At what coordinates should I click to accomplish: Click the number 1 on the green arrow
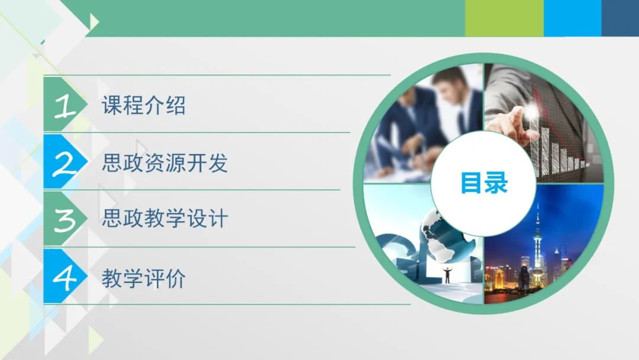65,105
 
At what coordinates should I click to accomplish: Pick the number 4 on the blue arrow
64,278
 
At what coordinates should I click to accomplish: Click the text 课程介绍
144,105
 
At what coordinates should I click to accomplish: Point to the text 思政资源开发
164,163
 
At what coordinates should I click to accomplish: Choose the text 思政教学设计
164,218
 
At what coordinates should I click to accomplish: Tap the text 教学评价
144,278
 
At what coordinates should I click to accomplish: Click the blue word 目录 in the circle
484,182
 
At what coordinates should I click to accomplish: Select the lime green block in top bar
505,18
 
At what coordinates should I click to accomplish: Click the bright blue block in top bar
573,18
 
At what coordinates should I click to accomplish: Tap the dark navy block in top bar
620,18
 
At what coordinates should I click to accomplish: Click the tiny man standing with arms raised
447,275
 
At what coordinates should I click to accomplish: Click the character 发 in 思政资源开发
218,163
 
